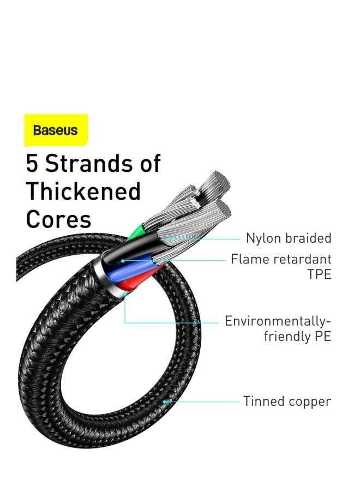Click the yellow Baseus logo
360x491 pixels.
point(56,130)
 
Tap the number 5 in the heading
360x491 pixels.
point(32,163)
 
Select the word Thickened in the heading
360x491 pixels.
point(83,191)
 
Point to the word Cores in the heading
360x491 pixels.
point(58,219)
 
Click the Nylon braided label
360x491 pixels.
point(289,238)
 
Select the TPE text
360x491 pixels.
point(319,274)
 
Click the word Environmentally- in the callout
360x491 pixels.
point(278,321)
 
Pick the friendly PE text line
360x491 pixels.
point(297,336)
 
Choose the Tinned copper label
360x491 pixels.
point(287,402)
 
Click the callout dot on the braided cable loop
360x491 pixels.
point(164,402)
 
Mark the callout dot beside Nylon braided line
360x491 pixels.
point(170,239)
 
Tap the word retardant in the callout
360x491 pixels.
point(303,259)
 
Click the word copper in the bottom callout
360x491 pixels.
point(309,402)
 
